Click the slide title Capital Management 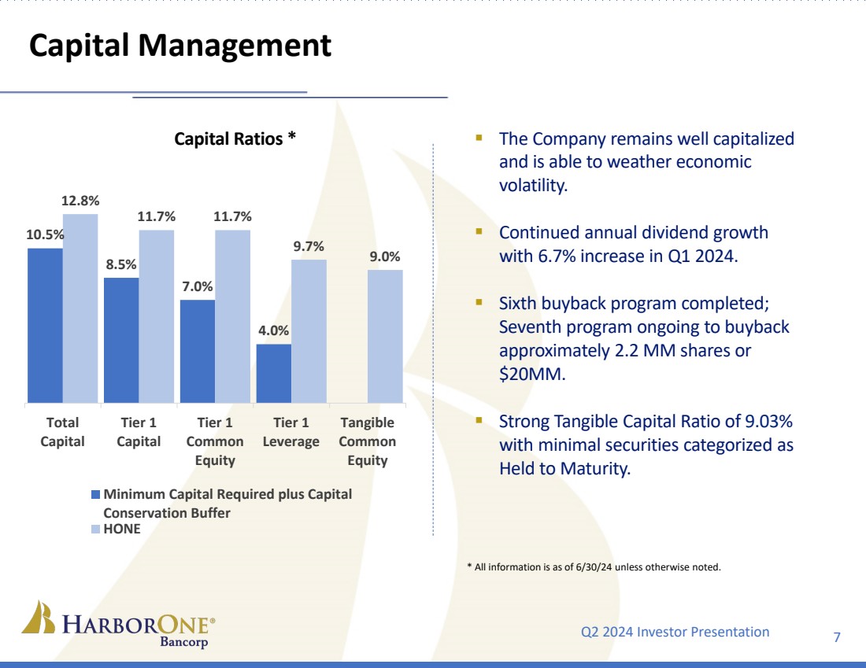click(x=180, y=46)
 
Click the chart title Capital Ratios click(x=235, y=138)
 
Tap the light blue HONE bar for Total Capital click(x=80, y=308)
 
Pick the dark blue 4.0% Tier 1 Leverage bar click(x=274, y=373)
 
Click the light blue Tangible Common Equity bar click(x=385, y=336)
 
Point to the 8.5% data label click(x=122, y=265)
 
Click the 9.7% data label click(x=309, y=246)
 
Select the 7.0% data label click(x=198, y=287)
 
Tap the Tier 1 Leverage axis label click(x=291, y=432)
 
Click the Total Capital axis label click(x=62, y=432)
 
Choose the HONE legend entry click(x=122, y=529)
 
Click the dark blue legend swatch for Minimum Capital click(x=96, y=495)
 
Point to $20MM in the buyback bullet click(x=532, y=375)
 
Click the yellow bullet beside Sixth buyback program click(x=478, y=303)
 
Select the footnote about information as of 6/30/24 click(x=594, y=567)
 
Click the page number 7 click(x=836, y=637)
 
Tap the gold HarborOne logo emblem click(x=38, y=618)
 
